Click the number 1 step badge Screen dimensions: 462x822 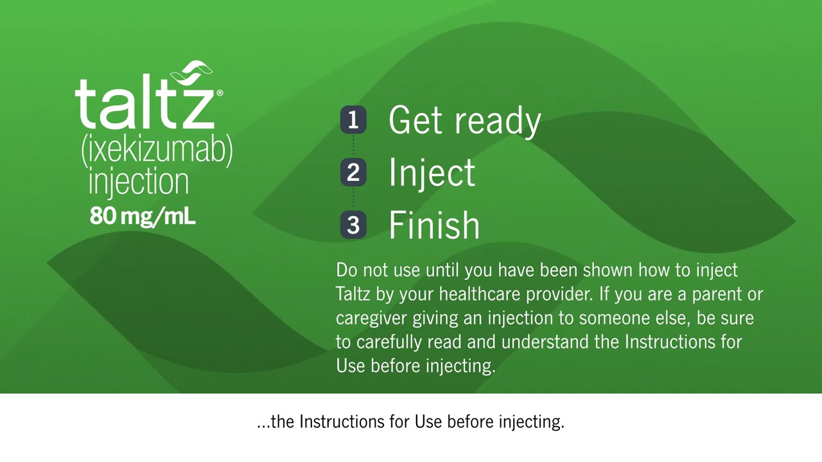coord(353,120)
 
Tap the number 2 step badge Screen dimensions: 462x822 coord(353,173)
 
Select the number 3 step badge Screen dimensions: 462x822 coord(353,225)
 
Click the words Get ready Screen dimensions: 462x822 coord(464,121)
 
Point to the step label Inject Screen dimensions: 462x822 coord(432,173)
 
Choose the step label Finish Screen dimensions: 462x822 coord(434,225)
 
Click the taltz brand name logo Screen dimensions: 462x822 coord(144,103)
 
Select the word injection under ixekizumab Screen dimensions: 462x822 coord(139,182)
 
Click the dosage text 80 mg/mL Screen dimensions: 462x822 coord(142,216)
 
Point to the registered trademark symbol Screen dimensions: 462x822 coord(220,93)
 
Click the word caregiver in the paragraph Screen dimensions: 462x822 coord(371,318)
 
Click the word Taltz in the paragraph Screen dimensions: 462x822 coord(353,294)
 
